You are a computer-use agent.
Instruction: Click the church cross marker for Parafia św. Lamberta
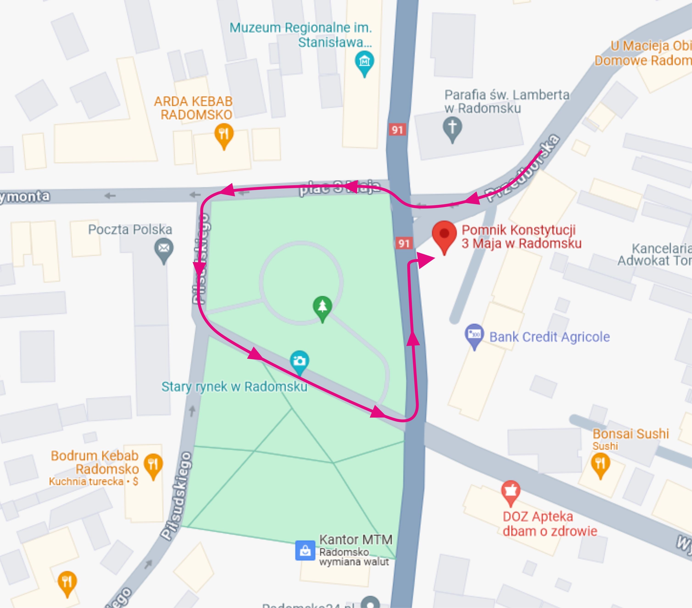[452, 128]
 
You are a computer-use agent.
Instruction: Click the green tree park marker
[322, 307]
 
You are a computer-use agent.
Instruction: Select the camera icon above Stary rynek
[300, 361]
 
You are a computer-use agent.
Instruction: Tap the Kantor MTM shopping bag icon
[305, 550]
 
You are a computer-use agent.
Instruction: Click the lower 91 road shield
[403, 243]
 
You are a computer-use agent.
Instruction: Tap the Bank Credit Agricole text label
[550, 337]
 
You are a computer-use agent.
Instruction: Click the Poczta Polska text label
[130, 230]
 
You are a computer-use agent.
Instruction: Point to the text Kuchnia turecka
[86, 481]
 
